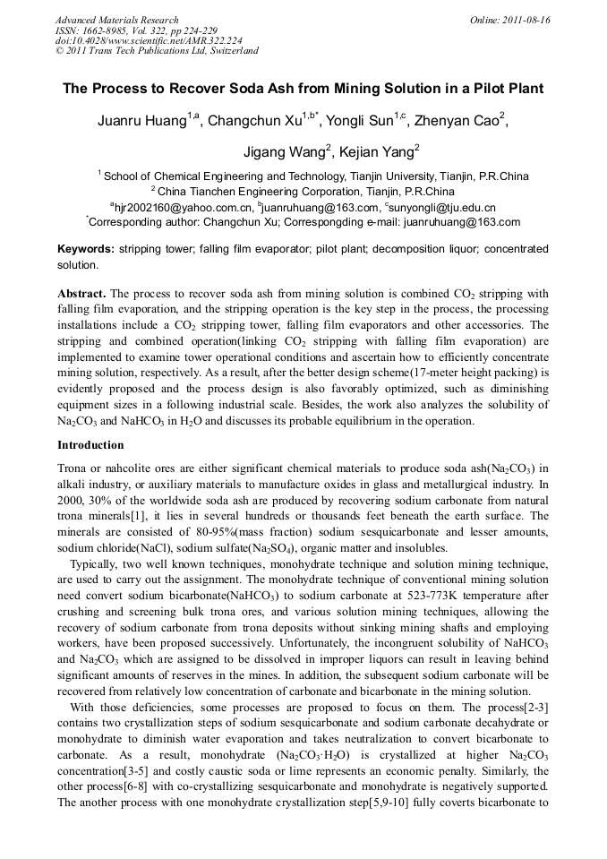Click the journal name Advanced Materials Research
pyautogui.click(x=117, y=20)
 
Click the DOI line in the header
pyautogui.click(x=148, y=40)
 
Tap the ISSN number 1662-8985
pyautogui.click(x=111, y=30)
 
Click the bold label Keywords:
pyautogui.click(x=86, y=248)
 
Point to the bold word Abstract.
pyautogui.click(x=81, y=294)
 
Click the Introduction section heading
pyautogui.click(x=90, y=445)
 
